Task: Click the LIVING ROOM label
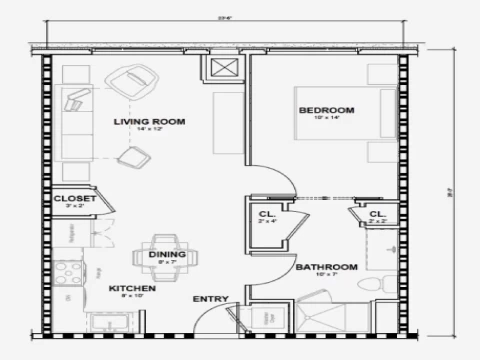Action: tap(151, 122)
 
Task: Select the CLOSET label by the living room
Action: tap(75, 199)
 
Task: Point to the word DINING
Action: tap(166, 254)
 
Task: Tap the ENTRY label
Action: tap(211, 298)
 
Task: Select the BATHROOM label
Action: tap(326, 267)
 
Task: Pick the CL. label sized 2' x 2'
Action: tap(377, 214)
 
